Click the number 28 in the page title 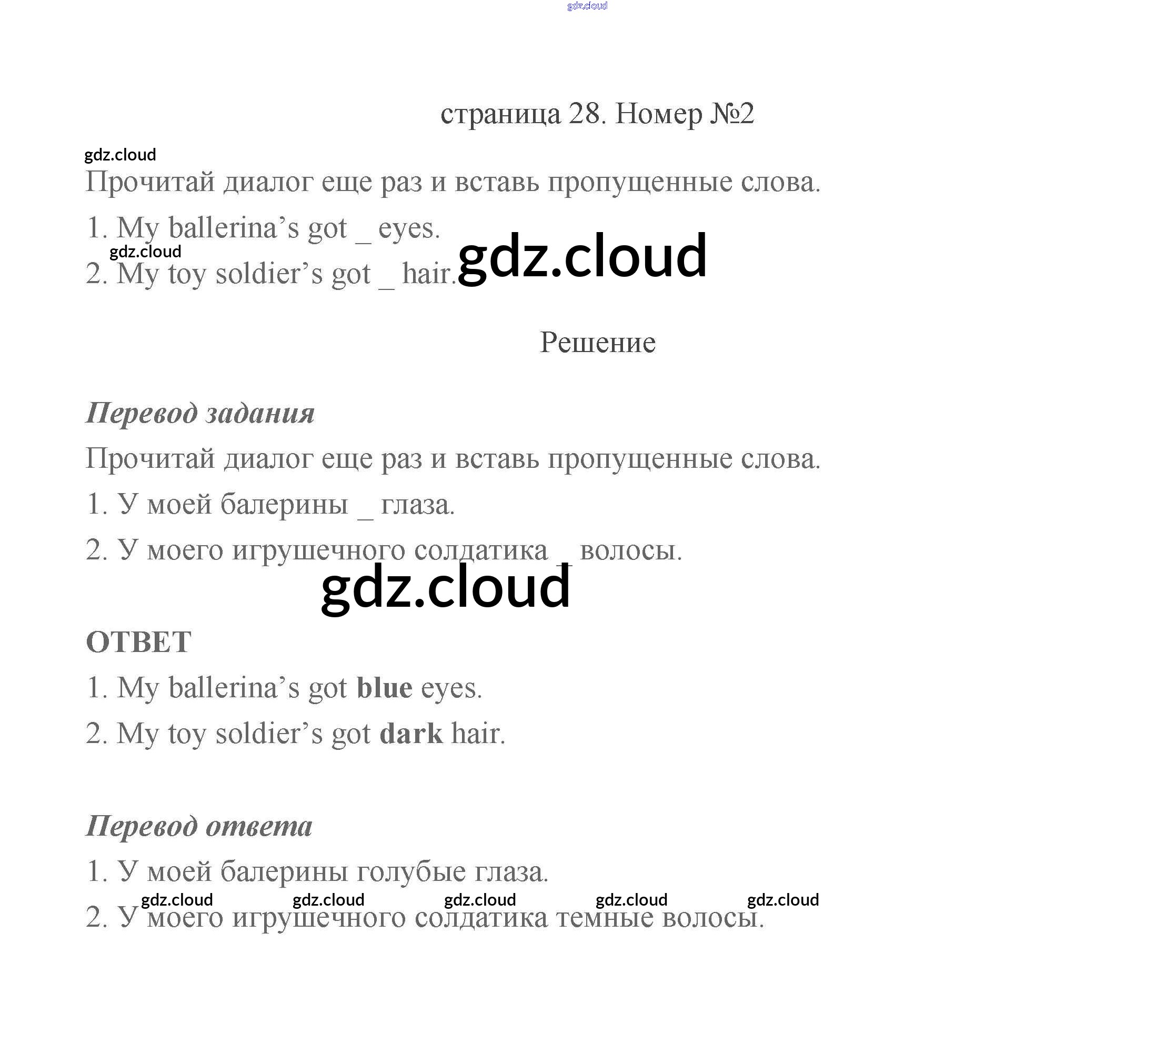(584, 114)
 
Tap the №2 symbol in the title (731, 114)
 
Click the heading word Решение (597, 343)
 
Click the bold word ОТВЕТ (138, 642)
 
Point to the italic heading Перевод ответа (199, 826)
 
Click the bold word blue (384, 688)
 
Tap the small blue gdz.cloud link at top (587, 6)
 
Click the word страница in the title (500, 114)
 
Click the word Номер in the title (658, 114)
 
